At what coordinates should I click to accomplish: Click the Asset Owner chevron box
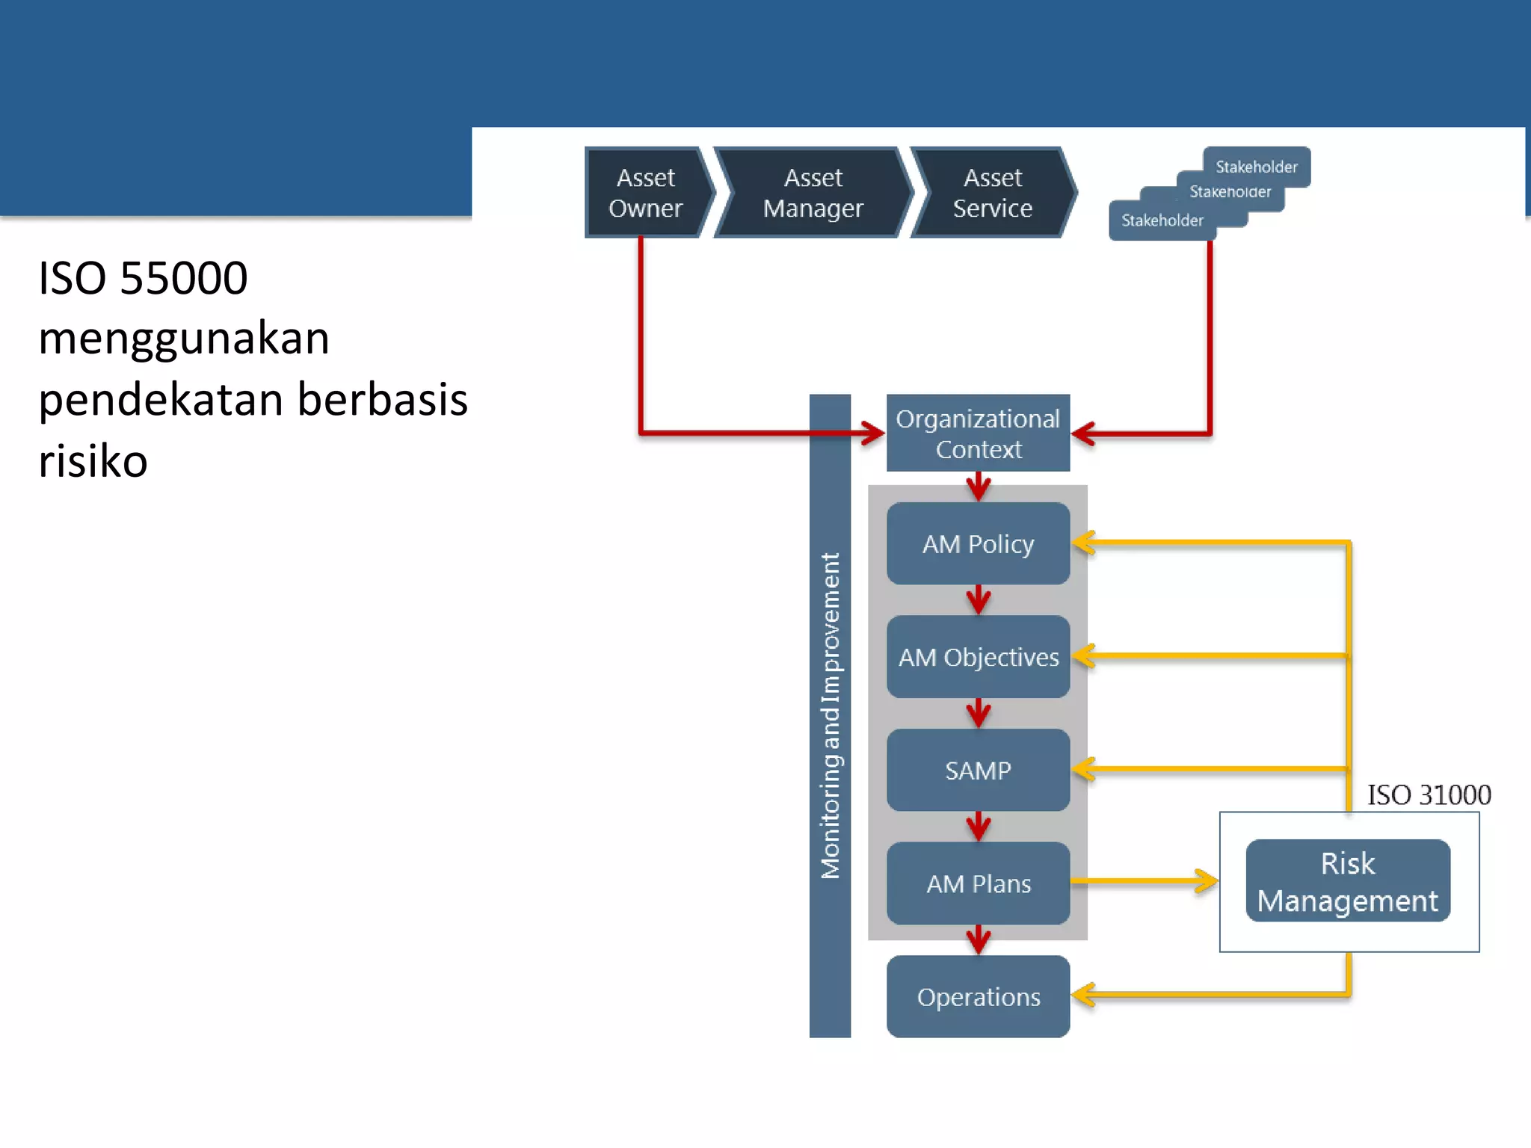point(645,193)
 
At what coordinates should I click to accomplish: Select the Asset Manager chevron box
point(813,193)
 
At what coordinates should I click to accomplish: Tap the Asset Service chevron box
point(992,193)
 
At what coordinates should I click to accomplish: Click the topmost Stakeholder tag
point(1257,166)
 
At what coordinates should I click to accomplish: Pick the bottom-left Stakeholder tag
point(1162,220)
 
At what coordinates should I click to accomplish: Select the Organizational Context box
point(978,433)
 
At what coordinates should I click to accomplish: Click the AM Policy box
point(978,543)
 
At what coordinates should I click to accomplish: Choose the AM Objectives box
point(978,657)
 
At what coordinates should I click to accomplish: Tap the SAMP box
point(978,770)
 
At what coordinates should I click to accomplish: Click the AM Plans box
point(978,883)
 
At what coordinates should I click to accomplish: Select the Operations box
point(978,996)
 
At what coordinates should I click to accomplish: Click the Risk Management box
point(1348,881)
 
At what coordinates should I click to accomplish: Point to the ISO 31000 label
point(1429,794)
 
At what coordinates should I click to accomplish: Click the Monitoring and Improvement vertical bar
point(830,715)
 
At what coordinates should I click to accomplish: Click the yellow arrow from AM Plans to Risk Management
point(1144,881)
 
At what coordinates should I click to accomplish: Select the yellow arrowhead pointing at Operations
point(1083,995)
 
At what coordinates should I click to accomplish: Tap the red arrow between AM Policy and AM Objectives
point(978,599)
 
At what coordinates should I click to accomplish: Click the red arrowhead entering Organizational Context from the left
point(872,433)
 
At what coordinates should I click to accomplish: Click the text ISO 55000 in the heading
point(143,278)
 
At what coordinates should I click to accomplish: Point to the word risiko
point(93,460)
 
